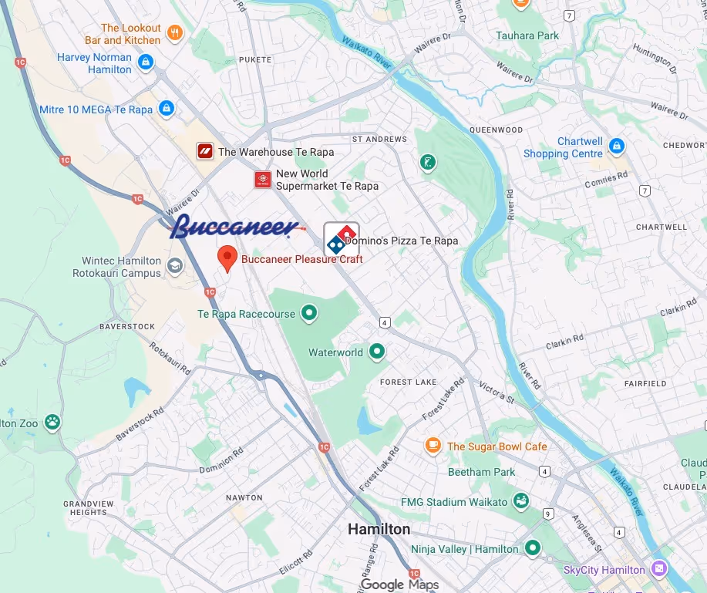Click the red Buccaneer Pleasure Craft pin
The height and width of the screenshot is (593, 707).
pyautogui.click(x=227, y=258)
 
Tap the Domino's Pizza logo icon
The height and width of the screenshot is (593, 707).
pyautogui.click(x=341, y=238)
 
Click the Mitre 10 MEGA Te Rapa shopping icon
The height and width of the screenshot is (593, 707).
pyautogui.click(x=166, y=110)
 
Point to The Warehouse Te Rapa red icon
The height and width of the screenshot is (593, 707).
pyautogui.click(x=204, y=151)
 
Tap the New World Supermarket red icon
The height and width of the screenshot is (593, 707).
pyautogui.click(x=263, y=180)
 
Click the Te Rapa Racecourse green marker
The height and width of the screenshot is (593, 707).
pyautogui.click(x=309, y=313)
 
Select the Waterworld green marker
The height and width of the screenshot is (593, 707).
pyautogui.click(x=377, y=352)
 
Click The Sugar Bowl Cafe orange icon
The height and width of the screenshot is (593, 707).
pyautogui.click(x=433, y=446)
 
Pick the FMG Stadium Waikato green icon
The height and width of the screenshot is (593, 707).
pyautogui.click(x=521, y=501)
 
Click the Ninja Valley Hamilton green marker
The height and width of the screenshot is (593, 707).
pyautogui.click(x=532, y=548)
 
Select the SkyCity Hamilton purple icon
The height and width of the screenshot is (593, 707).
pyautogui.click(x=658, y=569)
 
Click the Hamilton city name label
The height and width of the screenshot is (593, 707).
pyautogui.click(x=379, y=529)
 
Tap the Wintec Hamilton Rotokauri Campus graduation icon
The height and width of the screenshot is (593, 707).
pyautogui.click(x=175, y=267)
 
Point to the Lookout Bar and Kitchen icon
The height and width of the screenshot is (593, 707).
pyautogui.click(x=175, y=33)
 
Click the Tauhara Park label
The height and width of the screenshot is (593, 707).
pyautogui.click(x=527, y=35)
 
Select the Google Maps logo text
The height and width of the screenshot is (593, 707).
pyautogui.click(x=399, y=585)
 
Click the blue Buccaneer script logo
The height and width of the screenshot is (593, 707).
pyautogui.click(x=235, y=225)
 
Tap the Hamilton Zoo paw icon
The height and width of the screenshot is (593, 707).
pyautogui.click(x=52, y=422)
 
